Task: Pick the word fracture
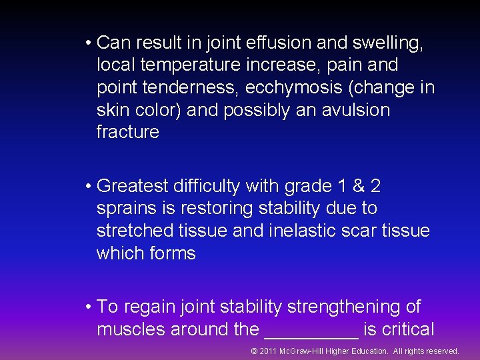tap(128, 132)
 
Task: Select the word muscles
tap(131, 329)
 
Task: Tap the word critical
tap(408, 329)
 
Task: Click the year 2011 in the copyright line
tap(269, 351)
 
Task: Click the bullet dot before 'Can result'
tap(88, 43)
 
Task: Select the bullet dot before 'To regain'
tap(88, 307)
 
